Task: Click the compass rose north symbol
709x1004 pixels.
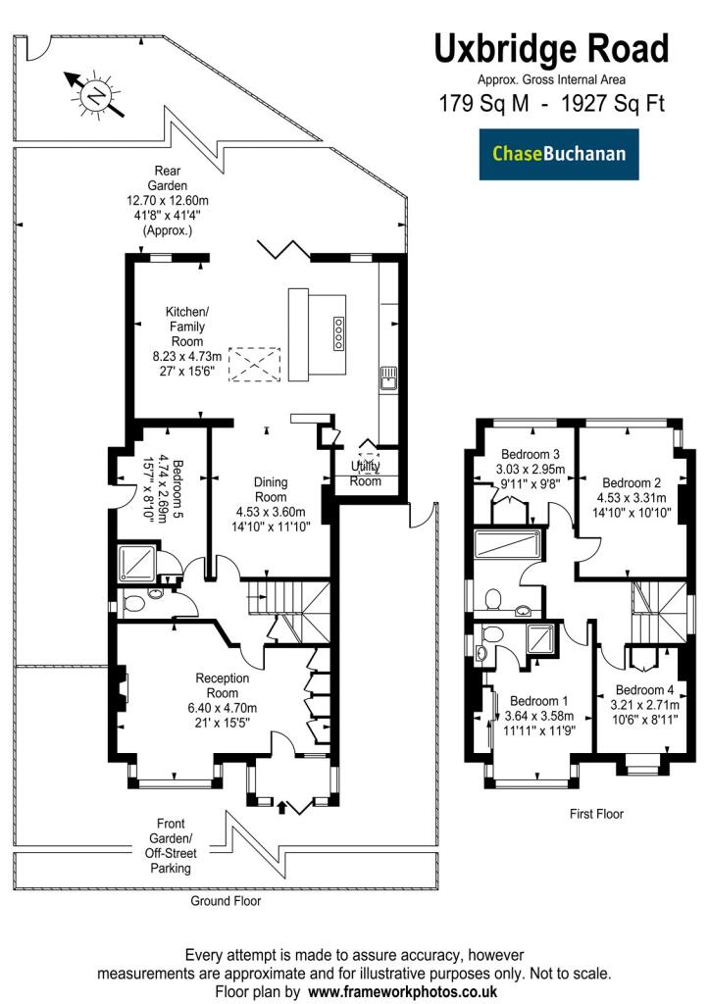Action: [x=96, y=95]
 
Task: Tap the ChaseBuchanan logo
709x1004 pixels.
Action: [x=559, y=154]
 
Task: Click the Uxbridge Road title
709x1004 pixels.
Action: [x=551, y=49]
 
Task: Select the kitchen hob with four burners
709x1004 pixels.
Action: [x=337, y=333]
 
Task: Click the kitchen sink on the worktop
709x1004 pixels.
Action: [x=388, y=377]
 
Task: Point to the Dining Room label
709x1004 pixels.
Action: [x=271, y=489]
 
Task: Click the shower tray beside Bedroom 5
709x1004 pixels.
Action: [x=137, y=563]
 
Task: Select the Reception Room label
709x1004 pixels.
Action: [x=223, y=685]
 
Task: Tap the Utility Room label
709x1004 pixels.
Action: [x=365, y=474]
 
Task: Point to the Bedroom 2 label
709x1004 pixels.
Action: [x=632, y=482]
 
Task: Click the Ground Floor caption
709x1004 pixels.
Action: [x=227, y=901]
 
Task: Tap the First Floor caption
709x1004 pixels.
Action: [x=596, y=814]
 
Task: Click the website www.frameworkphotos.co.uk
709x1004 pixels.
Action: [x=403, y=992]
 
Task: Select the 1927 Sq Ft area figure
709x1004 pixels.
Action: [x=613, y=103]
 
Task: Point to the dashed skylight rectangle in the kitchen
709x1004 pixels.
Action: [x=255, y=365]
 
